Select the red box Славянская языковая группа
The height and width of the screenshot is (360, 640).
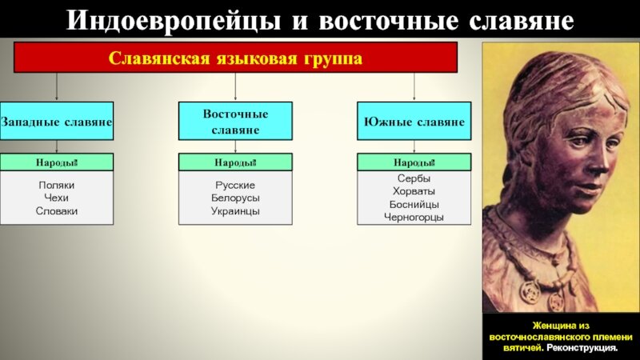coord(235,58)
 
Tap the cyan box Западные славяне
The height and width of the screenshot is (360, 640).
coord(56,122)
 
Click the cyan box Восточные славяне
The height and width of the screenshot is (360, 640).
coord(235,122)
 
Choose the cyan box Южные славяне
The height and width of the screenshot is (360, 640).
coord(414,122)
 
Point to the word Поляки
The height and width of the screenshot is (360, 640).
coord(56,184)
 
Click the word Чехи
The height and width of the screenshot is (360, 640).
coord(56,198)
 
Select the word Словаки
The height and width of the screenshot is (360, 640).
coord(56,210)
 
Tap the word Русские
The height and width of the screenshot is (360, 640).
coord(235,184)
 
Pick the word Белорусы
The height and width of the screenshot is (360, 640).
coord(235,198)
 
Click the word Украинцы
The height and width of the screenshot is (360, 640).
coord(235,210)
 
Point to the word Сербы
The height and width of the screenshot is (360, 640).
coord(414,178)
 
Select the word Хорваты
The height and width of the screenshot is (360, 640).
coord(414,191)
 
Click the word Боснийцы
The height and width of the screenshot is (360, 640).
coord(414,204)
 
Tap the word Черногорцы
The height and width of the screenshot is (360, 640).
coord(414,217)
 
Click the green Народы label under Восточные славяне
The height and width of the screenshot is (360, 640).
coord(235,163)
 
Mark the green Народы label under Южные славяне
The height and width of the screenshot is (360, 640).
coord(414,163)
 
